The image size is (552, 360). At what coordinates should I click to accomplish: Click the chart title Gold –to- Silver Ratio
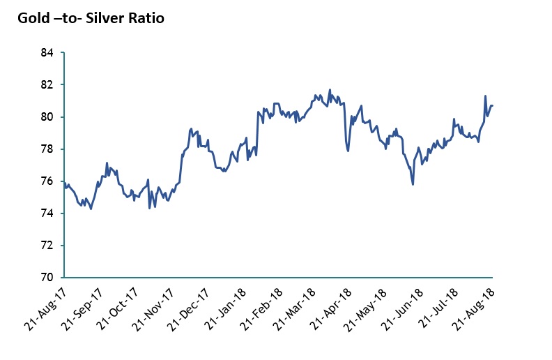pyautogui.click(x=91, y=18)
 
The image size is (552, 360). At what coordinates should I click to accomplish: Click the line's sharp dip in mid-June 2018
pyautogui.click(x=413, y=184)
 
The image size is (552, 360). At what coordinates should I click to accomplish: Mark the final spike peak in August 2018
pyautogui.click(x=485, y=96)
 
